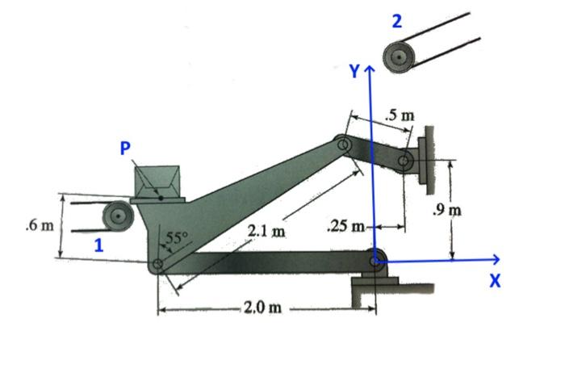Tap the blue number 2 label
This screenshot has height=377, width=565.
[396, 21]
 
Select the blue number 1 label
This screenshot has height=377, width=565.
[98, 247]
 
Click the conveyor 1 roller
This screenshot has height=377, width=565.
[117, 216]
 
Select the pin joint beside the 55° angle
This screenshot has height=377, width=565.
[159, 263]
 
